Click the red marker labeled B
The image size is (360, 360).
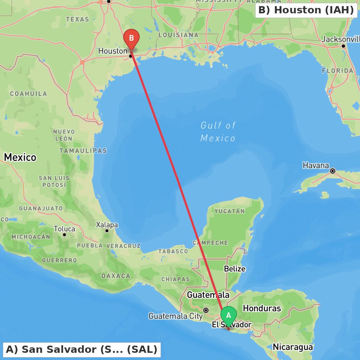point(131,39)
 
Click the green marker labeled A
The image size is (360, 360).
point(228,316)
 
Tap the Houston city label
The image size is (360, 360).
point(113,51)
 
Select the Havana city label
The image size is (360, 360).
point(316,166)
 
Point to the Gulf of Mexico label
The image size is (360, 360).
point(218,132)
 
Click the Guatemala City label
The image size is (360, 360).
point(173,316)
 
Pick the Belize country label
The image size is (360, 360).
point(234,269)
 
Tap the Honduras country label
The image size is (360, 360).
point(262,308)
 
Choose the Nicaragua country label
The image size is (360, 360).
point(293,347)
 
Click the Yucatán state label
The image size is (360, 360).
point(229,211)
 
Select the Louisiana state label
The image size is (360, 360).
point(178,35)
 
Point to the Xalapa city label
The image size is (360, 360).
point(107,225)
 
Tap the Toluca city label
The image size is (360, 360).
point(64,229)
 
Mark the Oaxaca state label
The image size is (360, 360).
point(116,276)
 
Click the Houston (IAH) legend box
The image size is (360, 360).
point(306,10)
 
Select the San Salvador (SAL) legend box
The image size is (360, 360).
point(82,349)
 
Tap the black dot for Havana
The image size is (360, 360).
point(333,171)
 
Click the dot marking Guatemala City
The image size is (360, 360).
point(206,310)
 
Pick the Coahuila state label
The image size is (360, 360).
point(28,94)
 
